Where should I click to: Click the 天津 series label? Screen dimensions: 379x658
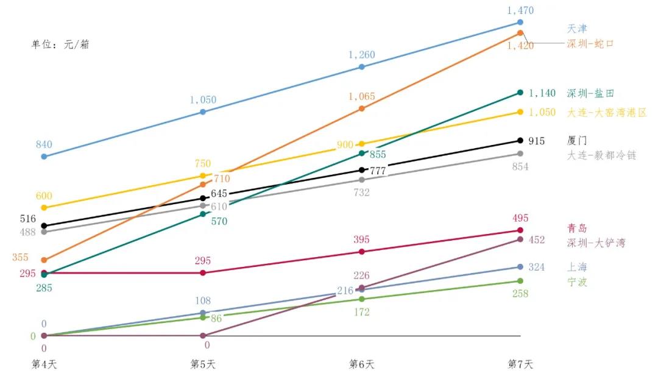point(577,29)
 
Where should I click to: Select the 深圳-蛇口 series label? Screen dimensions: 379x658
point(590,44)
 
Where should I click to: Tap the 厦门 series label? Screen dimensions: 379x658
point(577,140)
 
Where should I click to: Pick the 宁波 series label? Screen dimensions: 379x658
point(577,282)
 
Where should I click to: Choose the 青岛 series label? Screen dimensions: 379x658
point(577,228)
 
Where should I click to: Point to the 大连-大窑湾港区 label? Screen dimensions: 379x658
point(606,113)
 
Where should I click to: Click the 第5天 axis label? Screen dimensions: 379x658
point(203,364)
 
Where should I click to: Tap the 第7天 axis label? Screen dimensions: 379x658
point(520,364)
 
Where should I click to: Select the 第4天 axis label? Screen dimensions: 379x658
point(44,364)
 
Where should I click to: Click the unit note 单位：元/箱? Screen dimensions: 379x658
point(60,44)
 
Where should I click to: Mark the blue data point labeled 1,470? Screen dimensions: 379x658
point(520,22)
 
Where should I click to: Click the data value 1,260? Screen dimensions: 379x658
point(362,55)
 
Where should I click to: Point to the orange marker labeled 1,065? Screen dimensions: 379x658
point(362,108)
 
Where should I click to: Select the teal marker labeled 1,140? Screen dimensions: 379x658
point(520,93)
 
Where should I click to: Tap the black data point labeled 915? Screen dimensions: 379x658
point(520,141)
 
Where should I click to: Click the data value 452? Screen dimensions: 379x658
point(536,240)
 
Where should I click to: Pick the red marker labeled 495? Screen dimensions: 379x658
point(520,230)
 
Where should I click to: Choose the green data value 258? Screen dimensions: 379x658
point(520,294)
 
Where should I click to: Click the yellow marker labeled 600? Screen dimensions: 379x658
point(44,208)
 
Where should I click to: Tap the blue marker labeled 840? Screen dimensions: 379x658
point(44,157)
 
